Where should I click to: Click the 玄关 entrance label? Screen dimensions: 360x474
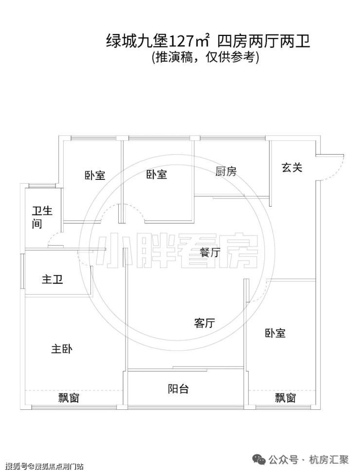point(292,167)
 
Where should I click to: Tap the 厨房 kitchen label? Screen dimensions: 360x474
point(226,172)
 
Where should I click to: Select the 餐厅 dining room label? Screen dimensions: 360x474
point(210,252)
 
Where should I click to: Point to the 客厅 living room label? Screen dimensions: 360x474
point(204,323)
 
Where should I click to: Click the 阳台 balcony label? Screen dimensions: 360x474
point(179,389)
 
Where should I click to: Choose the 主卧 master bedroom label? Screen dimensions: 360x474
point(62,349)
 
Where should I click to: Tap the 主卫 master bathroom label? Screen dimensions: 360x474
point(53,279)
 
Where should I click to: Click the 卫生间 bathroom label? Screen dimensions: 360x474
point(42,217)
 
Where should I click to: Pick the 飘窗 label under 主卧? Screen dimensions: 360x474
point(69,398)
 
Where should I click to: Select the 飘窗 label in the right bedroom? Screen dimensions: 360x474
point(285,398)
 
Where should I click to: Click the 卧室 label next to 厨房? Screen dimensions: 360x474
point(157,175)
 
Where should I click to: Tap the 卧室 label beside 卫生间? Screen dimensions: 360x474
point(95,176)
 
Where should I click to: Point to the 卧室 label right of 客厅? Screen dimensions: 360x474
point(275,333)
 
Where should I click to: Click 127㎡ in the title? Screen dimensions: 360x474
point(188,41)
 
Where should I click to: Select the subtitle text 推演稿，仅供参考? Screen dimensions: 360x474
point(205,57)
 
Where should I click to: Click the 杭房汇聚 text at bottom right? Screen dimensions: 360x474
point(328,460)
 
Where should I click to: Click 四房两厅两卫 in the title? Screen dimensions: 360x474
point(264,41)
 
